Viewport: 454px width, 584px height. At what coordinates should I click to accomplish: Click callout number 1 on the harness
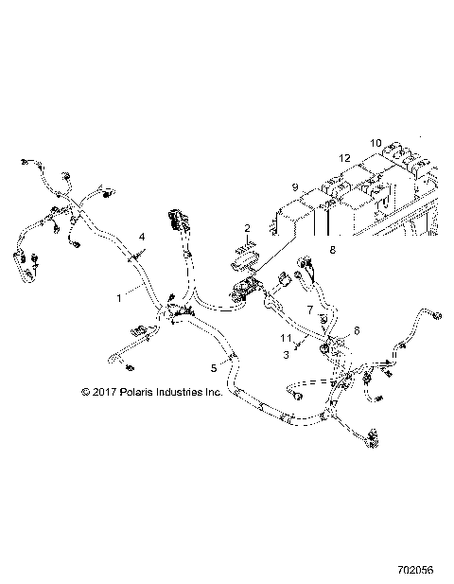tap(118, 296)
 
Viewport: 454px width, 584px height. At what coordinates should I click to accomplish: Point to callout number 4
tap(142, 235)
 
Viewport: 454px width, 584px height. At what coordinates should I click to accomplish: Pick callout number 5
tap(213, 367)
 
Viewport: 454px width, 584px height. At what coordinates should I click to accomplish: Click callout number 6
tap(357, 330)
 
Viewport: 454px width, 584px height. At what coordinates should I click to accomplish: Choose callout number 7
tap(308, 310)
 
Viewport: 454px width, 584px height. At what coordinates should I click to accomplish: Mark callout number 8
tap(331, 250)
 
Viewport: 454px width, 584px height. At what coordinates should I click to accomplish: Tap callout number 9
tap(295, 187)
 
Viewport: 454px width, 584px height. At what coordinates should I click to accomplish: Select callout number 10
tap(375, 143)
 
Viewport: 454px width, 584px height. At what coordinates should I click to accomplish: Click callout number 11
tap(285, 338)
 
